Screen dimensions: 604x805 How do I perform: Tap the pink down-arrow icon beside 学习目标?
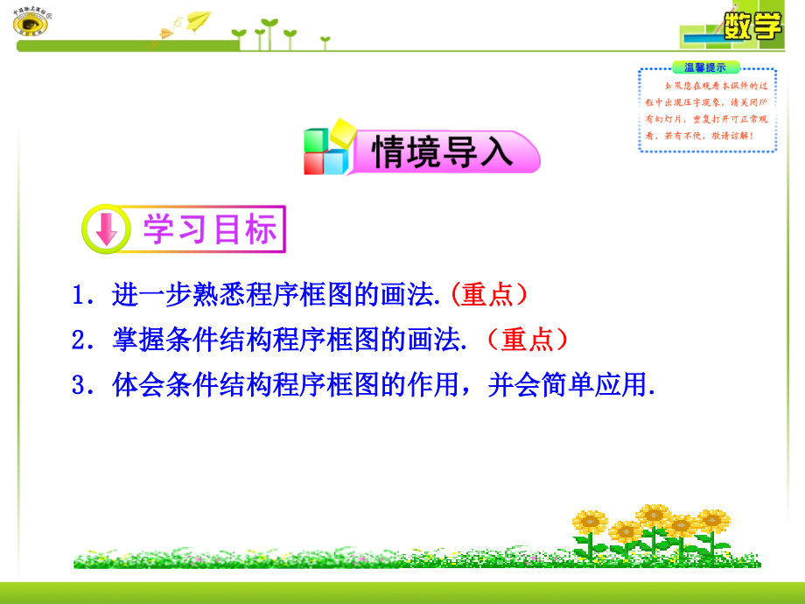(x=106, y=230)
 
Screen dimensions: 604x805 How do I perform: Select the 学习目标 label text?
(x=209, y=230)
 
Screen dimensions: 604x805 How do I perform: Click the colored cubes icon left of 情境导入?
(x=326, y=151)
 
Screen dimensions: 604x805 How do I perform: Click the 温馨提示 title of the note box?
(x=705, y=67)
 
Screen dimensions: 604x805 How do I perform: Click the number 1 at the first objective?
(x=79, y=296)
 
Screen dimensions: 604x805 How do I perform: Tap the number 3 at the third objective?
(x=79, y=385)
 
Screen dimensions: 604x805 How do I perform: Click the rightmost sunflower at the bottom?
(x=712, y=522)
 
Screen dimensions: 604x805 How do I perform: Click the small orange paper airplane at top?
(x=163, y=34)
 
